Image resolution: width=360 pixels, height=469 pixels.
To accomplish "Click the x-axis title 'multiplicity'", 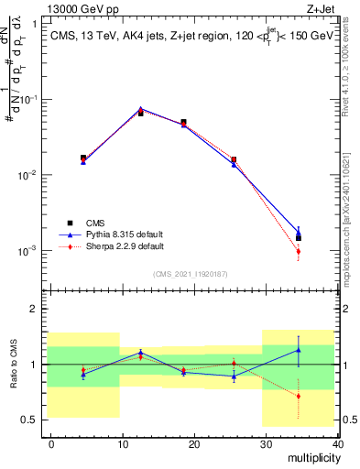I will pyautogui.click(x=312, y=457).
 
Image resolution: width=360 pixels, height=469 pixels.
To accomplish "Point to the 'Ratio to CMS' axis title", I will pyautogui.click(x=12, y=364).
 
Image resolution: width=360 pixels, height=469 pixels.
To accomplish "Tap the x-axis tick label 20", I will pyautogui.click(x=194, y=443).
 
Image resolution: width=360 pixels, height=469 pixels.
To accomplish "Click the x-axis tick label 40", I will pyautogui.click(x=337, y=443).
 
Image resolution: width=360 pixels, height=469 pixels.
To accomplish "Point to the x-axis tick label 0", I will pyautogui.click(x=51, y=443).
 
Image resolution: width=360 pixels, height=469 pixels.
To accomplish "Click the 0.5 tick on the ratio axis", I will pyautogui.click(x=32, y=420).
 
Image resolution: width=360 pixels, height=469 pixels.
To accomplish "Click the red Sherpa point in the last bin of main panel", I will pyautogui.click(x=299, y=252).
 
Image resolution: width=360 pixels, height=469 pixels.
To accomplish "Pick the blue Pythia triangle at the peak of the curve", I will pyautogui.click(x=140, y=109).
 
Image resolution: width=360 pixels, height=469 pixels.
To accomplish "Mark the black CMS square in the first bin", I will pyautogui.click(x=83, y=158).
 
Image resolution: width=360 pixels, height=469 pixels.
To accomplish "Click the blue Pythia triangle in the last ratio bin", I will pyautogui.click(x=299, y=350).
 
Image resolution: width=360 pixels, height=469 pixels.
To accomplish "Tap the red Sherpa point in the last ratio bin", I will pyautogui.click(x=299, y=397).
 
